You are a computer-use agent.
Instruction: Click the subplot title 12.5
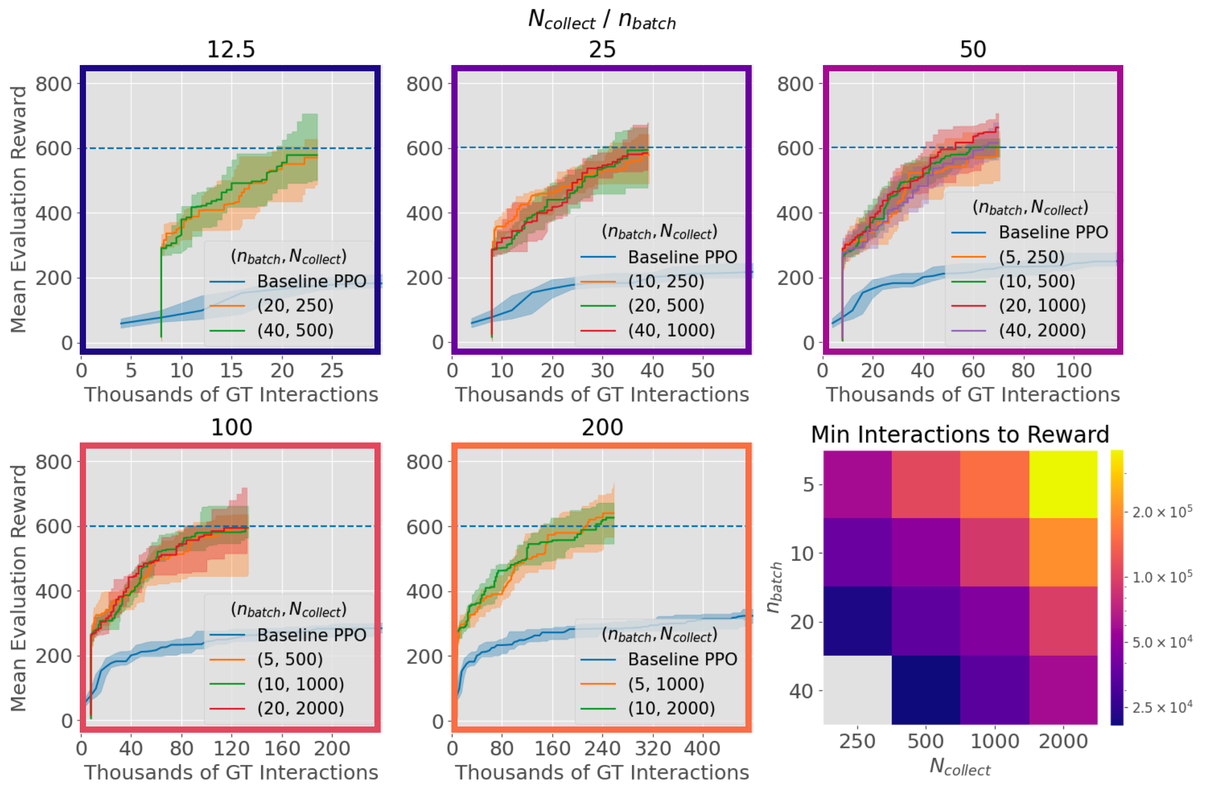click(x=231, y=50)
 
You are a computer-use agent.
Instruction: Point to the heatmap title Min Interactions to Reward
click(x=960, y=435)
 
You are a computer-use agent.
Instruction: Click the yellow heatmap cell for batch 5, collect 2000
click(x=1063, y=484)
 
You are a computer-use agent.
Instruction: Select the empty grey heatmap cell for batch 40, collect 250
click(x=857, y=690)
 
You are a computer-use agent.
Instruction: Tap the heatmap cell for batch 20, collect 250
click(x=857, y=621)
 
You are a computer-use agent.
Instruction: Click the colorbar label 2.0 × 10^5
click(x=1162, y=512)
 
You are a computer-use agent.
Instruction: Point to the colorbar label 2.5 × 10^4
click(x=1162, y=707)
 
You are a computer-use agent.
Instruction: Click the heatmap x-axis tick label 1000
click(x=994, y=741)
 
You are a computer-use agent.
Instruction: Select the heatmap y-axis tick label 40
click(x=802, y=691)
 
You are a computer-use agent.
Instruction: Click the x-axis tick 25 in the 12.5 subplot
click(x=332, y=371)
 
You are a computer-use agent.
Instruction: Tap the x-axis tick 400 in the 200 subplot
click(x=702, y=749)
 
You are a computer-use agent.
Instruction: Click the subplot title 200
click(x=602, y=427)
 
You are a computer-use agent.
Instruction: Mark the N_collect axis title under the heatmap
click(x=960, y=767)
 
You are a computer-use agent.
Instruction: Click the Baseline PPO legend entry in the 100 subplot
click(x=312, y=635)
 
